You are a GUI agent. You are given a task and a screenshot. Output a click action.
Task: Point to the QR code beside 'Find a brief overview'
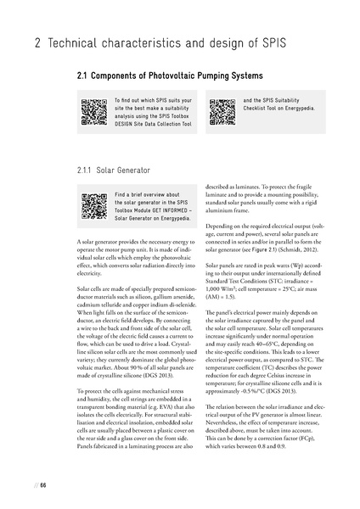(93, 205)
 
